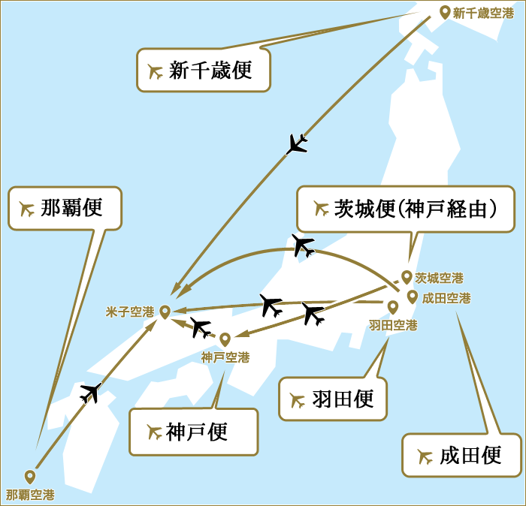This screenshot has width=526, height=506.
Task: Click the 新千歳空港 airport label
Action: tap(482, 13)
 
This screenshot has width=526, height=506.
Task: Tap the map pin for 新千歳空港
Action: tap(444, 12)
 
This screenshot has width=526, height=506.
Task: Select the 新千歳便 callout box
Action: tap(203, 71)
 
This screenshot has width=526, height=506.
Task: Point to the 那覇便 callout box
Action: tap(65, 208)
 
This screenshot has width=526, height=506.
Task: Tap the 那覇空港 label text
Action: tap(30, 495)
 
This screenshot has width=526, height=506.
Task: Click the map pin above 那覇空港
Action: tap(30, 476)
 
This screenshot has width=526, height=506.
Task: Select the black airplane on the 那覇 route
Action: tap(91, 392)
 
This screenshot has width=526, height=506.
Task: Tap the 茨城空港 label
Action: tap(439, 278)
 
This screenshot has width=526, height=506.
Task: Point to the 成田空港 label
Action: tap(446, 298)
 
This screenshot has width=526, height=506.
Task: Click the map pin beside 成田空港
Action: tap(413, 297)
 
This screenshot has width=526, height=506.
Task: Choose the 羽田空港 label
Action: tap(393, 325)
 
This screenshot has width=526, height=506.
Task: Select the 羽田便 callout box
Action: tap(334, 399)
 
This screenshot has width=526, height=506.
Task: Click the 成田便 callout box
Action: tap(461, 455)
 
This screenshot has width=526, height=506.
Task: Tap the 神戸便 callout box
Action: tap(193, 432)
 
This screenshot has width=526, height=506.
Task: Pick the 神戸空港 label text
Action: tap(225, 357)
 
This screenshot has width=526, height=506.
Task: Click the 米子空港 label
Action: tap(130, 312)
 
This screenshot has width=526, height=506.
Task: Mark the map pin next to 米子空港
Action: tap(165, 311)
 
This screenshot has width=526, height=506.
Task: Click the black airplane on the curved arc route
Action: tap(303, 245)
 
